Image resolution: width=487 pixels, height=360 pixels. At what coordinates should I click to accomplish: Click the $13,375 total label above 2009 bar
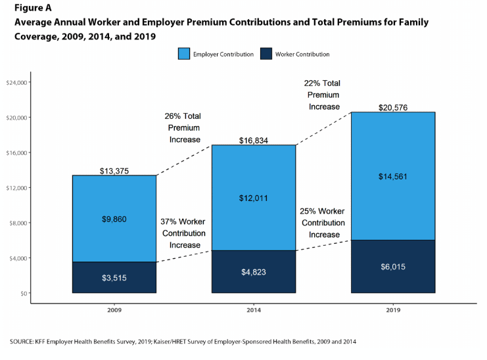114,171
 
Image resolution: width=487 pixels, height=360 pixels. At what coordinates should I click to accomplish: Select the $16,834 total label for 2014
253,140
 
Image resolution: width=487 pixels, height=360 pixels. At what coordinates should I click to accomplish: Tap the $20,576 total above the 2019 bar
393,107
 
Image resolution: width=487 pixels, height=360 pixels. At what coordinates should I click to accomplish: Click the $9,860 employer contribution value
114,219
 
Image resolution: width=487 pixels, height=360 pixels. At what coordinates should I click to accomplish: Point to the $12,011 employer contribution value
253,198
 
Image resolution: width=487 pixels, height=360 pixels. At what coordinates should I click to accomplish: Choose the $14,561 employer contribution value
393,176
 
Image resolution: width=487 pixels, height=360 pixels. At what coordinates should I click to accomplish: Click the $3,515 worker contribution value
114,278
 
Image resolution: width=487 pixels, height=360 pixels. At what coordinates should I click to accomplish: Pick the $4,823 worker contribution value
253,272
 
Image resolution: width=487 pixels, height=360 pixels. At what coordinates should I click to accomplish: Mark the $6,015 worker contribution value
393,267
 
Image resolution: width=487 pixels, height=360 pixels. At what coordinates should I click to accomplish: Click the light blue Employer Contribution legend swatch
183,54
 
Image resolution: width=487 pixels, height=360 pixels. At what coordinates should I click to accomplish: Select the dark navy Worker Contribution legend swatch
266,54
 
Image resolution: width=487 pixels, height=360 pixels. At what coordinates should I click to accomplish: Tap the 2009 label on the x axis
114,309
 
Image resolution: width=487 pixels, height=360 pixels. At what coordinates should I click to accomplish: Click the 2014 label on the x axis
253,309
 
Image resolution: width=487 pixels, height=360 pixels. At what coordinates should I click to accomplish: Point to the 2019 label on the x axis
393,309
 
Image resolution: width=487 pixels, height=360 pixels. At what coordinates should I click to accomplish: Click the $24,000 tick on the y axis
15,83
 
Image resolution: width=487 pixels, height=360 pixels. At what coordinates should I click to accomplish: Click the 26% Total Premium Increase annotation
182,127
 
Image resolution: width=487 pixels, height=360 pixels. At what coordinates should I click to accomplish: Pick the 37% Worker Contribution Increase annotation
183,233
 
